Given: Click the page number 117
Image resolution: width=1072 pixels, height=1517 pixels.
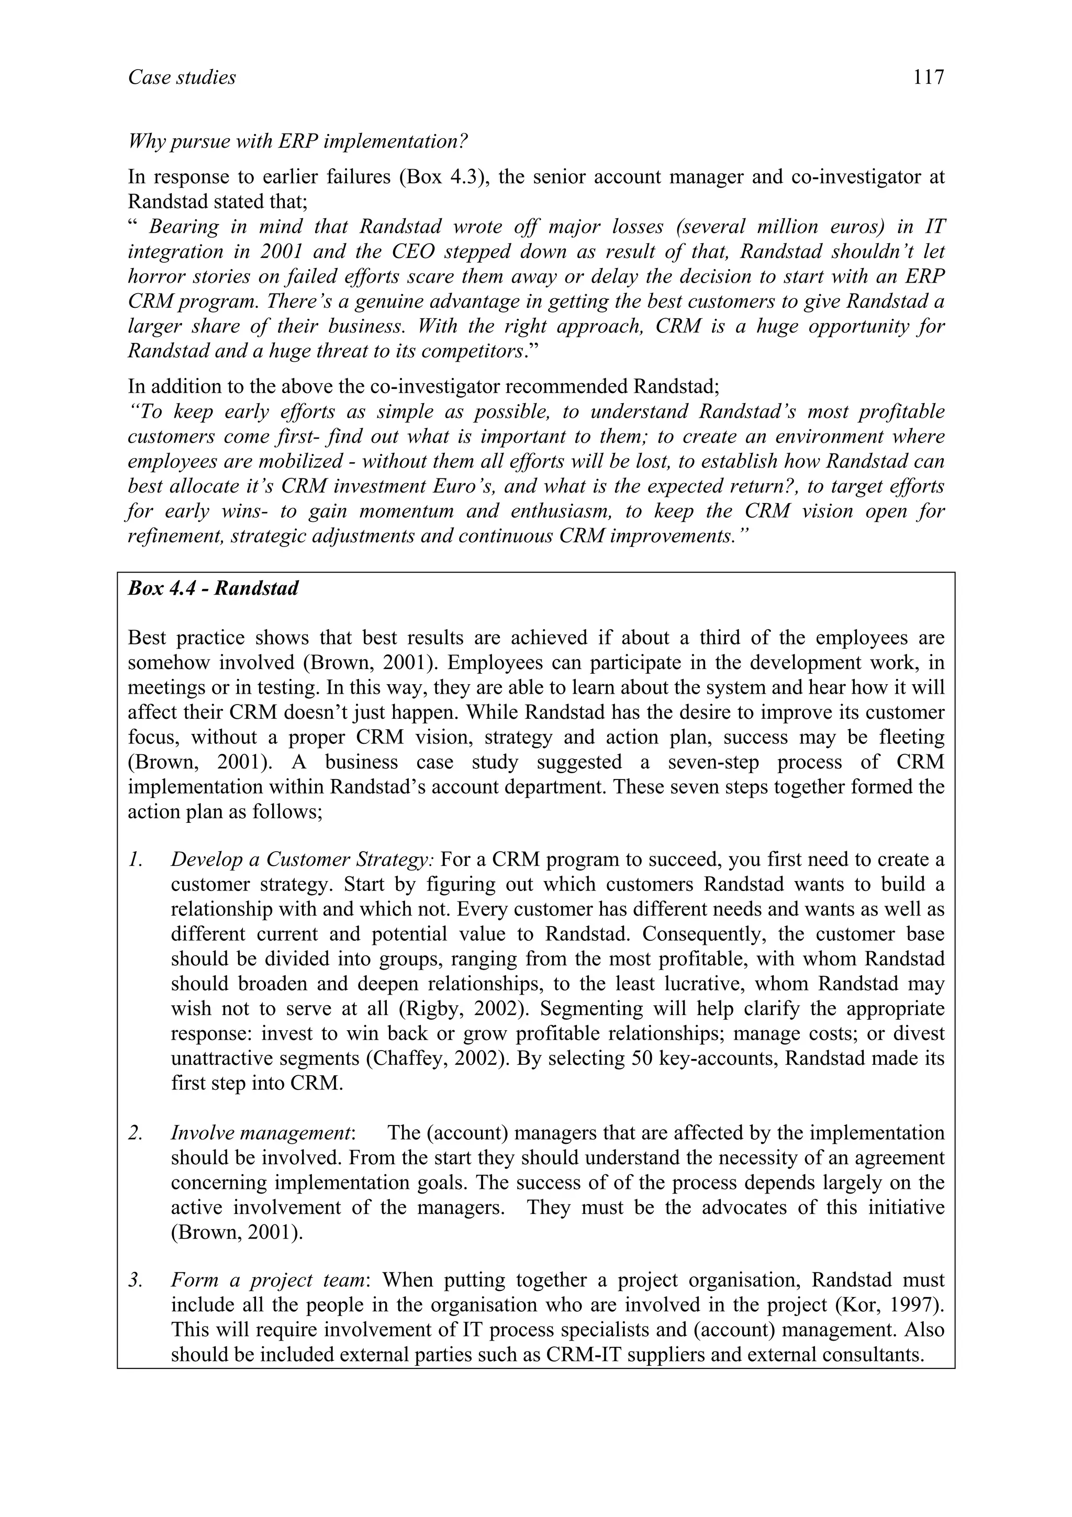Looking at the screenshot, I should click(x=929, y=78).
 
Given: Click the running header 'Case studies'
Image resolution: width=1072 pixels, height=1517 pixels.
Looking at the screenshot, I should click(x=182, y=78).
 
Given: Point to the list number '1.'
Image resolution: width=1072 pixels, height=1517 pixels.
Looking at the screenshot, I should click(x=136, y=860).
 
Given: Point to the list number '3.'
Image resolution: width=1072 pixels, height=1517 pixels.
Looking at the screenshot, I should click(x=136, y=1280).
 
